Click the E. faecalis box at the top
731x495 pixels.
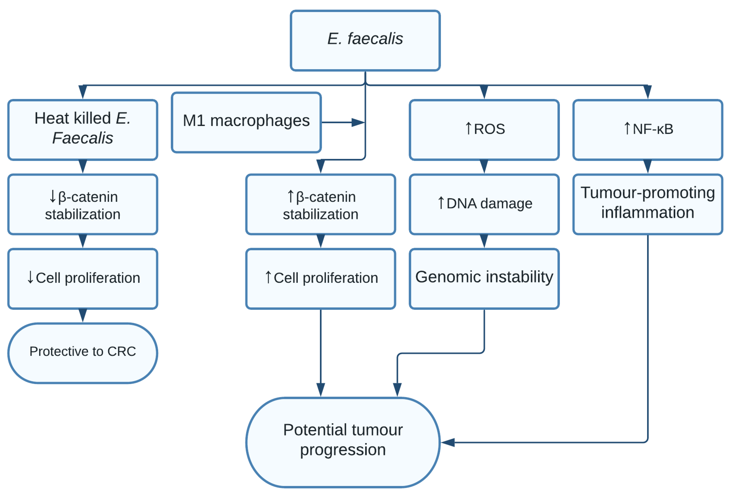[365, 40]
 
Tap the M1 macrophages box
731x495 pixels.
[246, 122]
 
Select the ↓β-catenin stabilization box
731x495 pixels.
[82, 204]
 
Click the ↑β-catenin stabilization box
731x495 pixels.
[320, 204]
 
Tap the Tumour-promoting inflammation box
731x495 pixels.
[647, 204]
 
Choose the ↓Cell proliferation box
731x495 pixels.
[82, 278]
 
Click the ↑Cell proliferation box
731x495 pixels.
[320, 278]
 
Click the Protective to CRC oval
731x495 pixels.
[82, 353]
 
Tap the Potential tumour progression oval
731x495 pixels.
[343, 442]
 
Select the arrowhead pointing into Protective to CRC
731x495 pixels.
[82, 315]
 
